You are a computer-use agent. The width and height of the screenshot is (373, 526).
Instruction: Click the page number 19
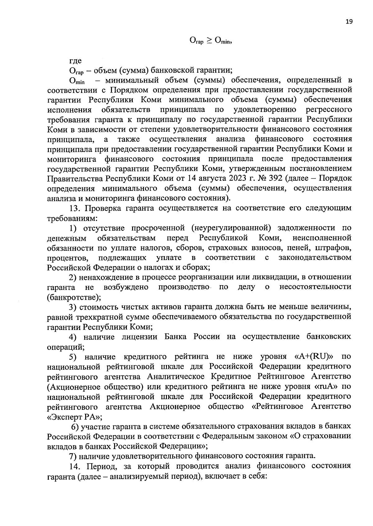point(349,21)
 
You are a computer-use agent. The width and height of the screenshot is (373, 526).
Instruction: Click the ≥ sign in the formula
point(209,40)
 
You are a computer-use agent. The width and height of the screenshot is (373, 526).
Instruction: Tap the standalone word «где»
point(76,61)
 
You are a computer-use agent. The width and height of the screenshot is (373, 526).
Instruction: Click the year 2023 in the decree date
point(231,179)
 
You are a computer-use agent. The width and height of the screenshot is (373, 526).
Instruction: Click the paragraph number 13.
point(75,208)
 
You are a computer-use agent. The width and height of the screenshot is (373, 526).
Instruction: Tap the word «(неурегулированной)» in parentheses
point(232,228)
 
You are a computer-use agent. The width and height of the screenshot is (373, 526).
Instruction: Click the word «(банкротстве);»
point(74,297)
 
